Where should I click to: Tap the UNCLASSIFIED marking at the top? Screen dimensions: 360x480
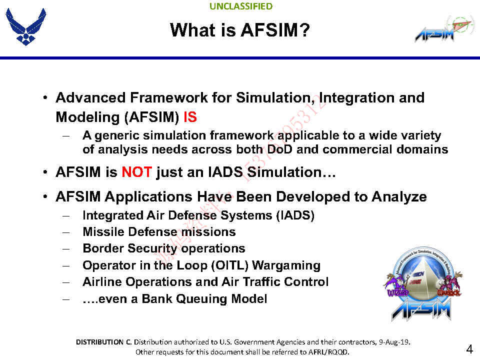241,6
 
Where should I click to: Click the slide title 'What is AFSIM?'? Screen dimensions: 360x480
240,30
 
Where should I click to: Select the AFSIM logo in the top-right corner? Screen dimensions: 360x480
442,29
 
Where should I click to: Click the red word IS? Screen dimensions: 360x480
190,117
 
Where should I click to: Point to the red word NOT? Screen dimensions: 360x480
136,172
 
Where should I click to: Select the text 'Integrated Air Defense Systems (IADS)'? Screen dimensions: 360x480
198,215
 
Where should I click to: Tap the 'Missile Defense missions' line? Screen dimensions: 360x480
158,232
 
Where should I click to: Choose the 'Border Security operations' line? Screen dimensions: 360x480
163,248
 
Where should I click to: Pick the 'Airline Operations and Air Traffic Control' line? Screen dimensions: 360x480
205,282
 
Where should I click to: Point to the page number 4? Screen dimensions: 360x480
469,348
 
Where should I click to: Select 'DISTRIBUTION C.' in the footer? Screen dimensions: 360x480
103,342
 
